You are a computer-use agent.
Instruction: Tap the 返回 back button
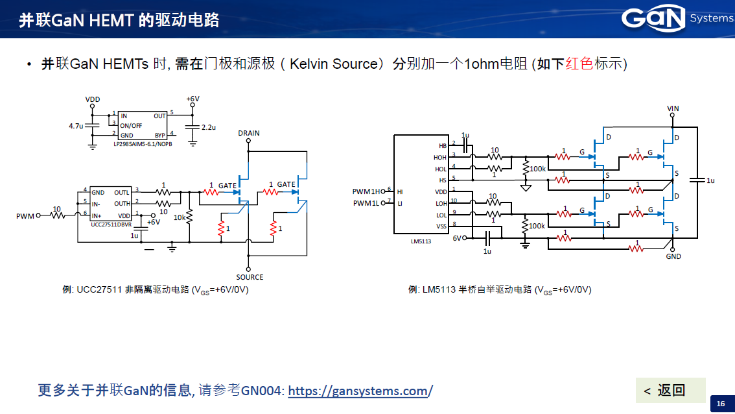(x=670, y=390)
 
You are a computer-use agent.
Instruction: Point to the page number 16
(x=720, y=404)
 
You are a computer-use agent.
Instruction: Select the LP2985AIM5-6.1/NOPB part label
(x=143, y=143)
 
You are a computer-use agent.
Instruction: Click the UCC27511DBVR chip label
(x=111, y=224)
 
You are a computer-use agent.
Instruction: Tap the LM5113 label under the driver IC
(x=421, y=241)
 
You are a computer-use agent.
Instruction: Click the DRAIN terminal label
(x=248, y=133)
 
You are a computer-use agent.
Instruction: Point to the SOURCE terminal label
(x=249, y=277)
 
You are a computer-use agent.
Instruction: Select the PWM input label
(x=25, y=216)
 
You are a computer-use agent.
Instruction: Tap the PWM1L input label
(x=367, y=203)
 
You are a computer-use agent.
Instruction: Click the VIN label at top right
(x=673, y=108)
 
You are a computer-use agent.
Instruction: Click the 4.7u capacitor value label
(x=76, y=126)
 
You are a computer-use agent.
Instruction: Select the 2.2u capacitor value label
(x=208, y=127)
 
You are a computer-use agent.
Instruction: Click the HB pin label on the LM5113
(x=442, y=146)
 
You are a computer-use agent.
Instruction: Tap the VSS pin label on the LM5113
(x=441, y=226)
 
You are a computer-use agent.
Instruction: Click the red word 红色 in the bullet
(x=579, y=64)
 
